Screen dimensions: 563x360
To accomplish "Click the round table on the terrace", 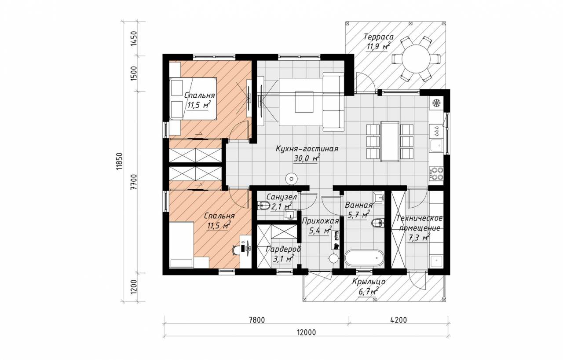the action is [416, 59].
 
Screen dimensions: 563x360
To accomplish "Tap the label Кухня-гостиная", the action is [307, 149].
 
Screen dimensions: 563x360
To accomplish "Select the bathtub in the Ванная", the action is [364, 258].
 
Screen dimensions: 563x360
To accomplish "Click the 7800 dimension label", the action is [257, 320].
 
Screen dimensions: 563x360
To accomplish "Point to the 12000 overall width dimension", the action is [306, 332].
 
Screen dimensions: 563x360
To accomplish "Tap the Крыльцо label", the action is [369, 282].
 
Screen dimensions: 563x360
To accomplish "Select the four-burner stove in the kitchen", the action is [437, 173].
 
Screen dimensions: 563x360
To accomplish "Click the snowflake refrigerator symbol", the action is [437, 103].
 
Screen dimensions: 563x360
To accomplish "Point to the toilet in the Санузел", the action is [263, 206].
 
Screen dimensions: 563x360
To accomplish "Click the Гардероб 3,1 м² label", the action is [283, 254].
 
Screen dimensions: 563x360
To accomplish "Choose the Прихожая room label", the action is [320, 221].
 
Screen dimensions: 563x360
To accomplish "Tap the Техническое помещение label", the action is [420, 223].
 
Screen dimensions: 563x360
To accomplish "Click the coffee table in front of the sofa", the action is [304, 102].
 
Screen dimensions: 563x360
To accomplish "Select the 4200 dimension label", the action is [398, 320].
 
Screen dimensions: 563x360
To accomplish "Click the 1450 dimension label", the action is [134, 38].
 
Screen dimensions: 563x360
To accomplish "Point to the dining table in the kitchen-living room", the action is [390, 141].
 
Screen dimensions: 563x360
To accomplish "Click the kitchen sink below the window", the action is [437, 146].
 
